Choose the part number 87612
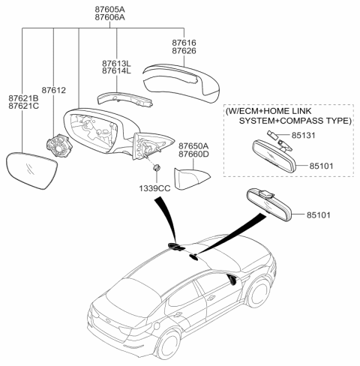coord(54,90)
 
